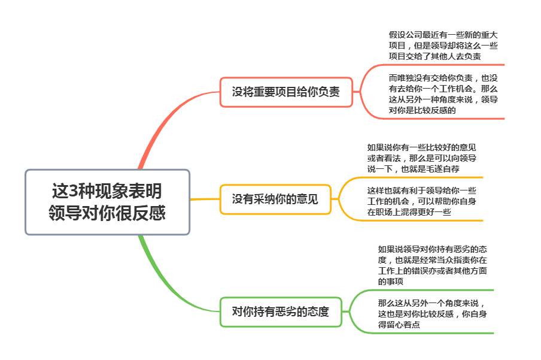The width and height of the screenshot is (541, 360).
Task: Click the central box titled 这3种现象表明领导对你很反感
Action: pos(107,202)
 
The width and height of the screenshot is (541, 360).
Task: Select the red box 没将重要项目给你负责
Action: pos(286,92)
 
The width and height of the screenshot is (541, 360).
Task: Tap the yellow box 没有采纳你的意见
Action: pos(275,199)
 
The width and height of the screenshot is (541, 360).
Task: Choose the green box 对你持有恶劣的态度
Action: pos(281,311)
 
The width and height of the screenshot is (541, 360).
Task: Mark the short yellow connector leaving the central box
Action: pos(205,199)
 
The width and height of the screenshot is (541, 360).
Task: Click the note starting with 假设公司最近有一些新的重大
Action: pos(443,46)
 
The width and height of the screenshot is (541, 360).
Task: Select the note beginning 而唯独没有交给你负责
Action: pos(443,94)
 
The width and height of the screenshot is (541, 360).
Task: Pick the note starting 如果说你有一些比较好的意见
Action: pos(422,158)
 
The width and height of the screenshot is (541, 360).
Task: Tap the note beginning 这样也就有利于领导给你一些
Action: pos(422,201)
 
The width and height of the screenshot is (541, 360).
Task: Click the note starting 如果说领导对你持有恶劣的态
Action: pos(432,265)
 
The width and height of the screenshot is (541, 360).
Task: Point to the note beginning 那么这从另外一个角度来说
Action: pos(432,314)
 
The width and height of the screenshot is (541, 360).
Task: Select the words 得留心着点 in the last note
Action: pos(399,325)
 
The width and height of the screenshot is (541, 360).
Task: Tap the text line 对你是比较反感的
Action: pos(423,110)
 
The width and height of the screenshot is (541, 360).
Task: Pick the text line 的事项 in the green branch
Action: pos(391,282)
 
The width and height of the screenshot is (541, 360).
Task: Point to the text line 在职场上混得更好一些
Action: pos(409,212)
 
